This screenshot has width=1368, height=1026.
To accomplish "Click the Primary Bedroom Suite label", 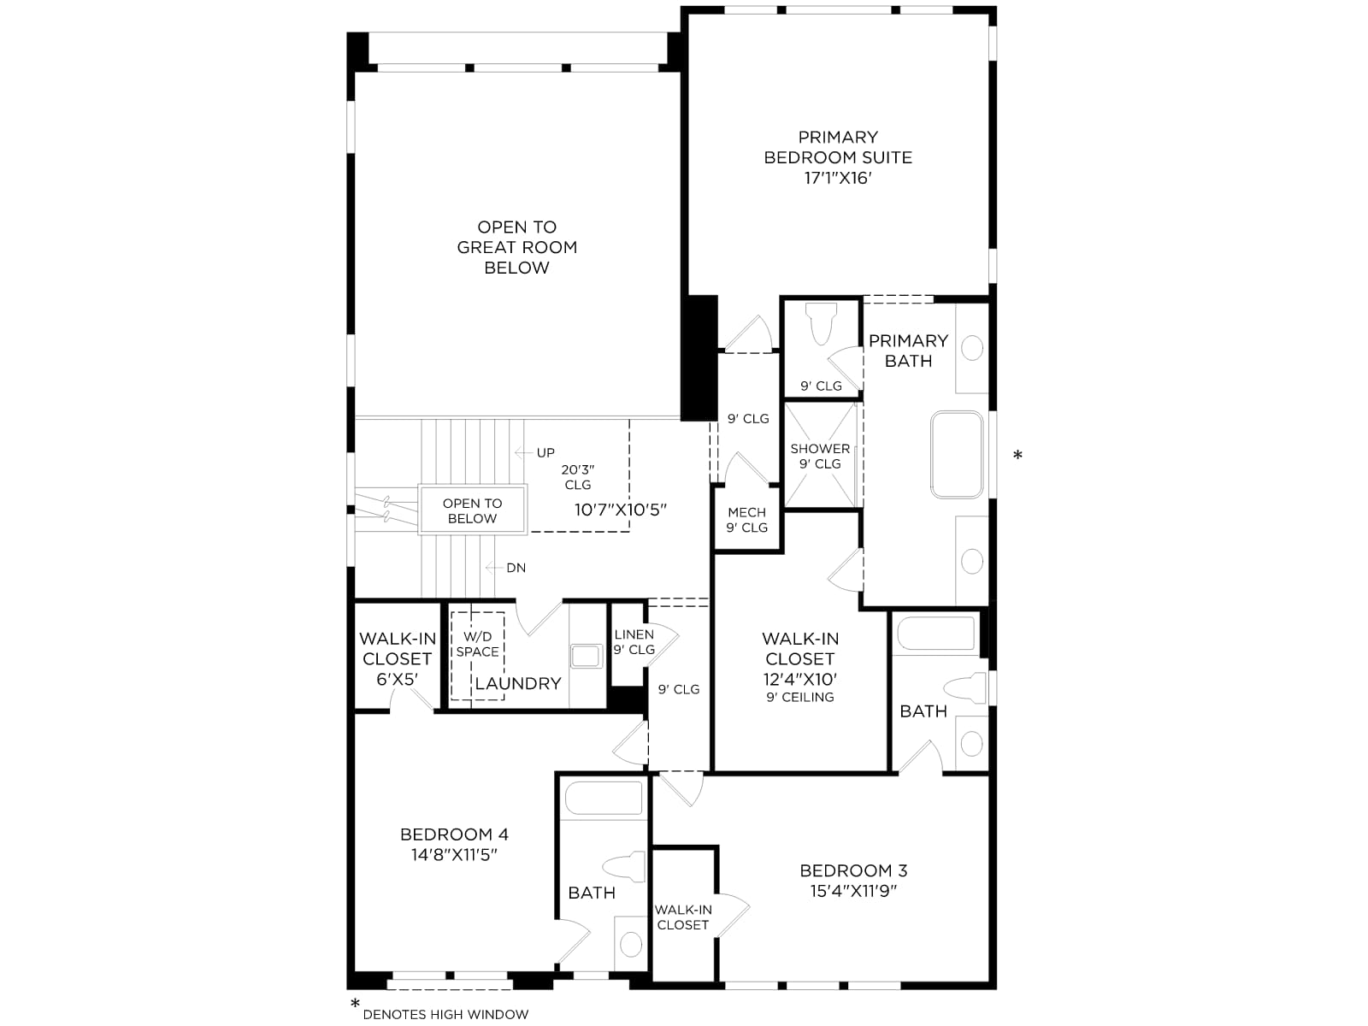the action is click(x=838, y=147).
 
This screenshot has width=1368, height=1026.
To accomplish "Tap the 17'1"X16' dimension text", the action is click(x=838, y=178).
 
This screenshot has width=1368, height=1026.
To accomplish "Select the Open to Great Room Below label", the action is click(x=516, y=247).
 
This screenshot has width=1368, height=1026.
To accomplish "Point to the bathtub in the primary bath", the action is click(x=957, y=454).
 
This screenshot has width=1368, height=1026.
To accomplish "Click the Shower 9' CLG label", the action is click(x=820, y=456).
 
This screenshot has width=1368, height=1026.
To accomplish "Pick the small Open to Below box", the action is click(x=473, y=510).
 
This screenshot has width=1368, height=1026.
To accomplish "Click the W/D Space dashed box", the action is click(x=477, y=656).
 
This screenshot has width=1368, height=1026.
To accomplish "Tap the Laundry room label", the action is click(x=518, y=683).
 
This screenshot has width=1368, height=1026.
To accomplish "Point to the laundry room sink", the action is click(x=586, y=656).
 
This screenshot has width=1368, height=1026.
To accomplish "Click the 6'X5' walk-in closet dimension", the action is click(x=397, y=679).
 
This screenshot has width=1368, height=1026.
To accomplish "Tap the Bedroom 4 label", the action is click(x=454, y=834).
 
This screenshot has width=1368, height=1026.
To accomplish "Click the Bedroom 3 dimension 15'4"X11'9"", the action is click(x=853, y=891).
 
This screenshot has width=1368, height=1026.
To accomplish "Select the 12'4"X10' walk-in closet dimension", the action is click(x=800, y=679).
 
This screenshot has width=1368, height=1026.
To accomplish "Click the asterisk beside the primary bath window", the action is click(x=1017, y=456).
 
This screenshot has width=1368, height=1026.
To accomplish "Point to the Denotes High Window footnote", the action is click(x=445, y=1015).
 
